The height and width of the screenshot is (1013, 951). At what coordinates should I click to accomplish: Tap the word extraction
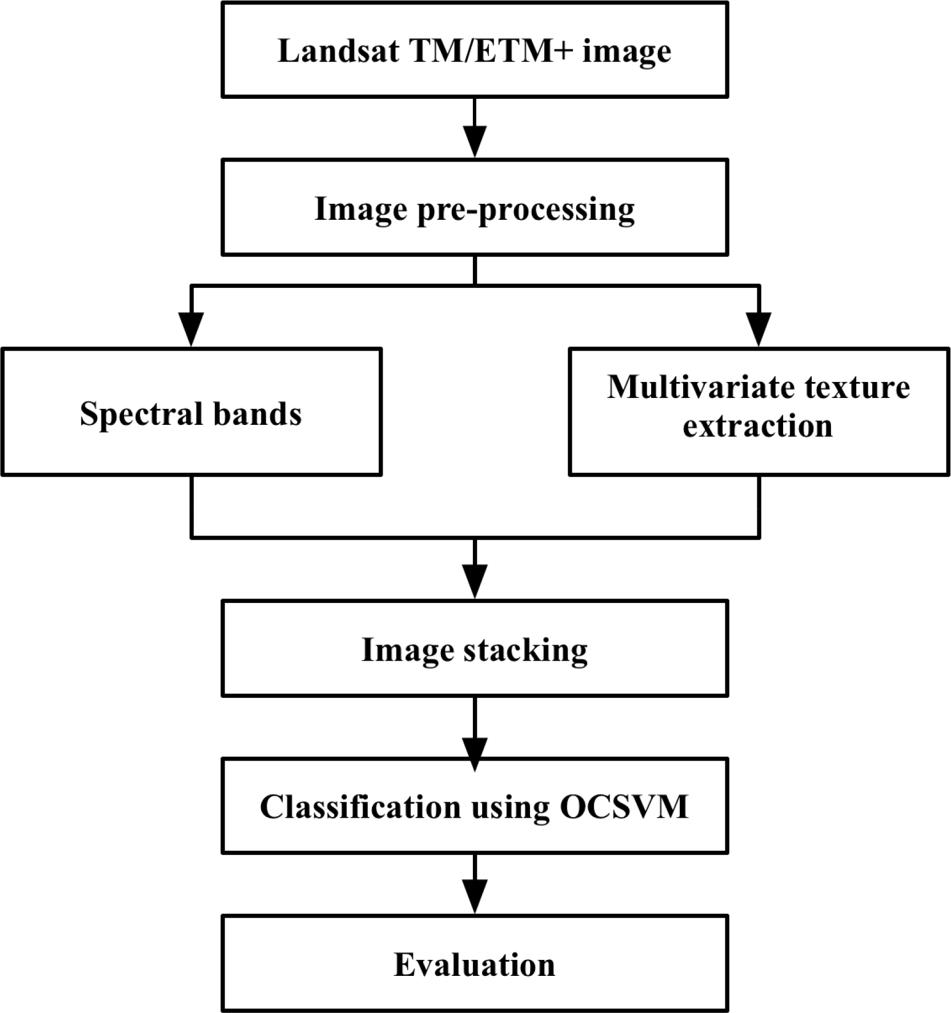coord(757,426)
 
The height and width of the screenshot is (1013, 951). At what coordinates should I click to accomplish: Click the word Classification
coord(360,807)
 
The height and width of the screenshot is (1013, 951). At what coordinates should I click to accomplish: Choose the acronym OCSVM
coord(624,807)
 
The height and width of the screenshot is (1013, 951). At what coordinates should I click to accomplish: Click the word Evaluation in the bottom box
coord(475,965)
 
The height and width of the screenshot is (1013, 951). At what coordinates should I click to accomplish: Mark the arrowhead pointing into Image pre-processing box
coord(475,142)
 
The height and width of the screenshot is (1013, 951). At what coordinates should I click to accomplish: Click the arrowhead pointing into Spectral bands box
coord(191,329)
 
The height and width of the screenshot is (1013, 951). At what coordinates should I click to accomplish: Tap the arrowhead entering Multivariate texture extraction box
coord(759,329)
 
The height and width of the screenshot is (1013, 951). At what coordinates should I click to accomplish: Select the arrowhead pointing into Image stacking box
coord(475,582)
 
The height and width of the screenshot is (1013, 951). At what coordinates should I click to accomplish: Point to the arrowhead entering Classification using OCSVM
coord(475,754)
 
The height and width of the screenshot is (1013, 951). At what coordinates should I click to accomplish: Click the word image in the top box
coord(627,51)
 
